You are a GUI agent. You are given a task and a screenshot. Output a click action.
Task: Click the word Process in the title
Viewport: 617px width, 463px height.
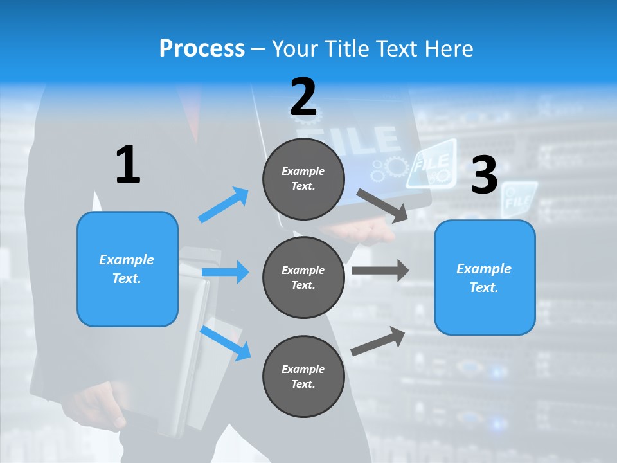click(202, 48)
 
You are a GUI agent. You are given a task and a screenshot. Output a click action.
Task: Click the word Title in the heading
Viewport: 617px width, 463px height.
click(348, 48)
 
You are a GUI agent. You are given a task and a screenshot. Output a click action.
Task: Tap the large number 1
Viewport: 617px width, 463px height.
click(127, 165)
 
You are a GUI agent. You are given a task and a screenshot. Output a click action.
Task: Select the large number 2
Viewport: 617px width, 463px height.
click(303, 97)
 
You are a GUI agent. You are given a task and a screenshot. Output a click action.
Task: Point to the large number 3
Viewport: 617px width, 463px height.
click(484, 176)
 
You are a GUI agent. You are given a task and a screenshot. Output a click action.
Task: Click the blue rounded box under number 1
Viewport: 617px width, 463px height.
click(127, 269)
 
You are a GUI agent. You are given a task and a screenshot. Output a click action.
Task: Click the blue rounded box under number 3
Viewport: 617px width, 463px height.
click(485, 278)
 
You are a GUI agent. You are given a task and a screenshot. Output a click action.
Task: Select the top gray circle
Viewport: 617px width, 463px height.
click(303, 179)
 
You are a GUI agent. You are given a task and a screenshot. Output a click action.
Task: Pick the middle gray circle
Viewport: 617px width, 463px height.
click(303, 278)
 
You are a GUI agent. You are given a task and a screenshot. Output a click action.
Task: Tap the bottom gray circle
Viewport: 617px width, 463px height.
click(303, 377)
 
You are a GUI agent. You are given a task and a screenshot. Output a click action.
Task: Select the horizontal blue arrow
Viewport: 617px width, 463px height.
click(226, 272)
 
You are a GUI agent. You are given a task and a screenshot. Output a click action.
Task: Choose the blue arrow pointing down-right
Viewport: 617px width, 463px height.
click(226, 343)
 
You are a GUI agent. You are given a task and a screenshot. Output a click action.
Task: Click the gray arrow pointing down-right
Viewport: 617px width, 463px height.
click(383, 206)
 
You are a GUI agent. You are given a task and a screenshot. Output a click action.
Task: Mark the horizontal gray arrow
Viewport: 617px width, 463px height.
click(380, 270)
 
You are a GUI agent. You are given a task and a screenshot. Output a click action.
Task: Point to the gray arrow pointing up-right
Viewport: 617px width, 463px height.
click(379, 341)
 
